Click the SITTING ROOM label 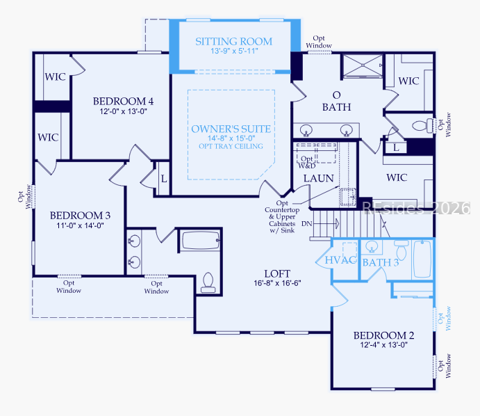coord(234,41)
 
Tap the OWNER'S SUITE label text coord(231,129)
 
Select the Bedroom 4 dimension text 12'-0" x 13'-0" coord(124,111)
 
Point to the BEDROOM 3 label coord(80,216)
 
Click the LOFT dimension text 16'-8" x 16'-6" coord(277,283)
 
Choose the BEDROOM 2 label coord(384,335)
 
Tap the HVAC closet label coord(340,260)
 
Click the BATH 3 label coord(381,263)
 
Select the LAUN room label coord(318,178)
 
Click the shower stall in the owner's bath coord(363,65)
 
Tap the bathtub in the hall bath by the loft coord(201,240)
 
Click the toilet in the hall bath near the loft coord(208,282)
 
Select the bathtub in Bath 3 coord(422,259)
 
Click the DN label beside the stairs coord(307,224)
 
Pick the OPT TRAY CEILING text coord(231,146)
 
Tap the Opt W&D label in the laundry coord(307,163)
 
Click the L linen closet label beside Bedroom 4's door coord(164,179)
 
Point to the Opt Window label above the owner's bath coord(319,42)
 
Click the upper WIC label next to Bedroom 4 coord(55,77)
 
